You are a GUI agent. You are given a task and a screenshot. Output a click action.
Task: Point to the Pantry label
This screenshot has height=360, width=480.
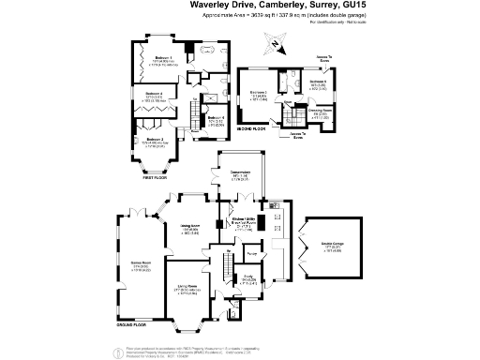252,252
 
